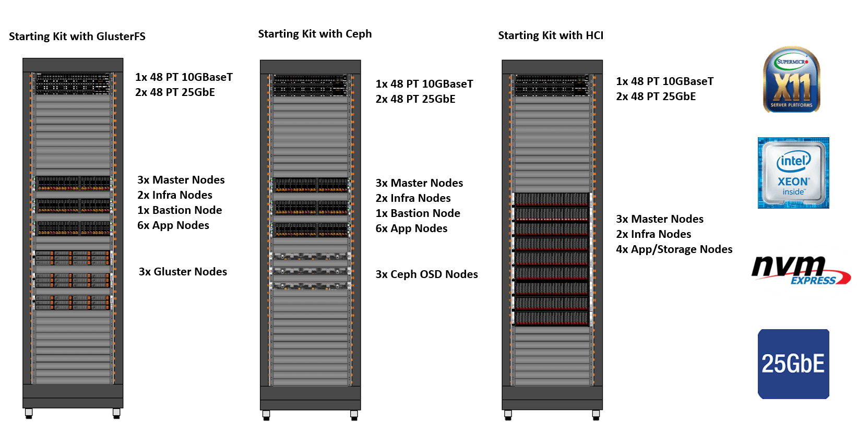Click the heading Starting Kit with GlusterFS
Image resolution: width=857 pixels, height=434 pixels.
tap(77, 37)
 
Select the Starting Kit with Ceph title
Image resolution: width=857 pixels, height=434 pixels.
tap(315, 34)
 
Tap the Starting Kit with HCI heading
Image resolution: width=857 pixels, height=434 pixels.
tap(551, 35)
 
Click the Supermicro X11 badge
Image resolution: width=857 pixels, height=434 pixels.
tap(792, 80)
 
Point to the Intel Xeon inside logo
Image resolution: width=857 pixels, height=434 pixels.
tap(793, 173)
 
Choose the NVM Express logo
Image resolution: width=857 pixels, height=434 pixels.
tap(800, 270)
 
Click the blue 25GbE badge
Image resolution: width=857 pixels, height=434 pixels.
tap(793, 364)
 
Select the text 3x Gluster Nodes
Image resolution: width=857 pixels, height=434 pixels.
tap(183, 272)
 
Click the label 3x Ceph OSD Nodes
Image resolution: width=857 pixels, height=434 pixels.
tap(426, 274)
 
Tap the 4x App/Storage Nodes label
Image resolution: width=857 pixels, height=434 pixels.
tap(674, 249)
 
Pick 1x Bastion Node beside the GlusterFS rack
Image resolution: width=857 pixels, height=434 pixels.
tap(180, 210)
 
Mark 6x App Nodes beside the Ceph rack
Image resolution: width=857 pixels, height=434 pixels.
tap(411, 228)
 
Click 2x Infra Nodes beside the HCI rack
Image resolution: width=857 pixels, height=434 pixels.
tap(653, 234)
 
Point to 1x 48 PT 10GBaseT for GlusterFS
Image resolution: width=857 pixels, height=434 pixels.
tap(184, 77)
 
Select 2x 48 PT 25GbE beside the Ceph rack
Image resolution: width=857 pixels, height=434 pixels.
tap(415, 99)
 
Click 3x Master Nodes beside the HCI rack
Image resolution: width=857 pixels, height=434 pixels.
tap(660, 219)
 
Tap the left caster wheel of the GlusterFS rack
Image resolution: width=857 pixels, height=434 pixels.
tap(29, 414)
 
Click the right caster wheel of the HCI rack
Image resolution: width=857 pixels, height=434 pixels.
tap(596, 415)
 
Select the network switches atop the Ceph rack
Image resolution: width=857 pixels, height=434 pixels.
tap(311, 86)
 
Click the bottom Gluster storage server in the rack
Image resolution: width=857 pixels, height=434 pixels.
tap(73, 303)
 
